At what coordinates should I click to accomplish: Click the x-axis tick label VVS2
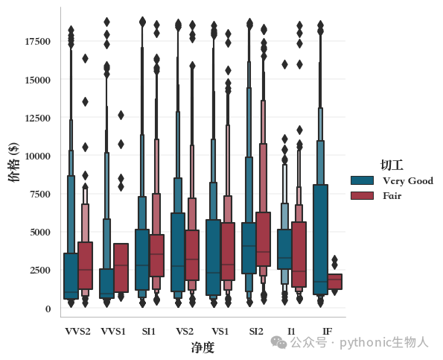point(77,331)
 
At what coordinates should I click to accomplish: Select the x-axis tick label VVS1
point(113,331)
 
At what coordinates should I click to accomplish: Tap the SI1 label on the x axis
point(149,331)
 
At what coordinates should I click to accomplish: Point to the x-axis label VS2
point(185,331)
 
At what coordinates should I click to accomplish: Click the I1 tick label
point(291,331)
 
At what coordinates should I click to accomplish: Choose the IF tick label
point(328,331)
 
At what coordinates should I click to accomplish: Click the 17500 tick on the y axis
point(37,42)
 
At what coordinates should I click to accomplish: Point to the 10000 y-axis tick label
point(37,156)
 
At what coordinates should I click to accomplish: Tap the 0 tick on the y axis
point(48,309)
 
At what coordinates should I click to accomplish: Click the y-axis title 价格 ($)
point(13,162)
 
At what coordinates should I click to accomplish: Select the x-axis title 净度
point(203,347)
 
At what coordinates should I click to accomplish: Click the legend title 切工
point(392,165)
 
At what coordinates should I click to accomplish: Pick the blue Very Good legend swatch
point(362,180)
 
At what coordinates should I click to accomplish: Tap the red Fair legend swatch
point(362,196)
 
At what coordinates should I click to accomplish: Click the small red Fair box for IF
point(335,282)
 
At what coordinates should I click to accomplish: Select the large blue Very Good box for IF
point(320,239)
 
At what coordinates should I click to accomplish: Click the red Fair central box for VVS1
point(121,268)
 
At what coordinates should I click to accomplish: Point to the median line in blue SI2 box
point(249,246)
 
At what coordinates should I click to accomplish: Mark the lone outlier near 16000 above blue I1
point(284,65)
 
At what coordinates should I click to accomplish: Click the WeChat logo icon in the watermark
point(278,342)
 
